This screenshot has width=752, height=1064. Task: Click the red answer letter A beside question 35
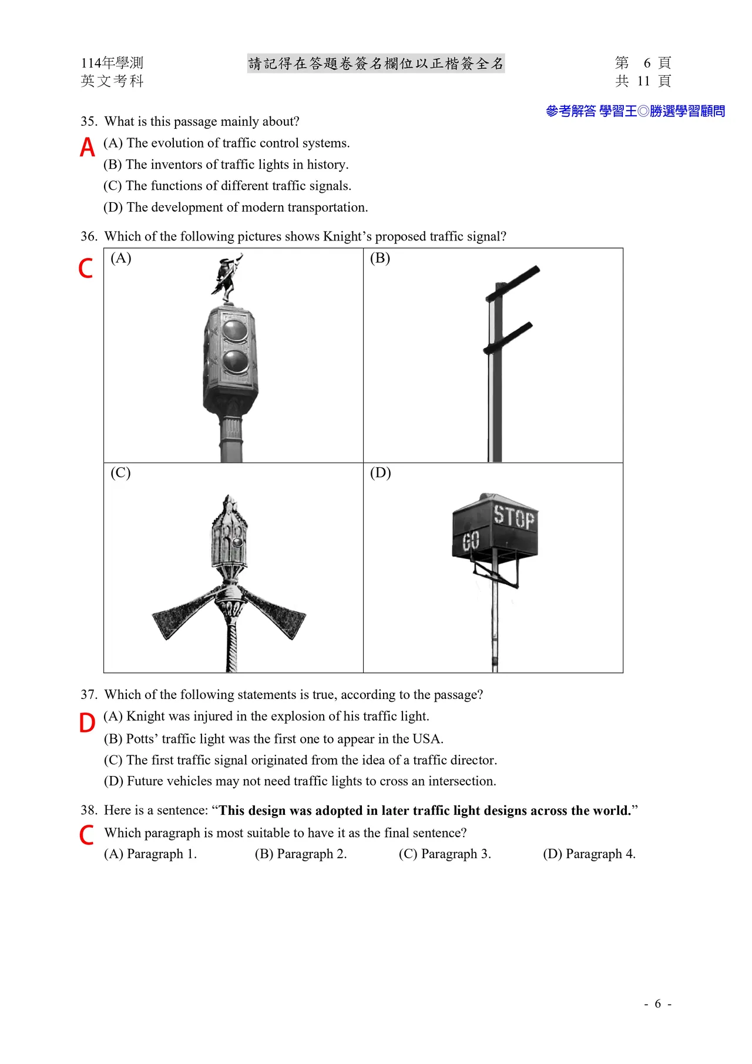pyautogui.click(x=87, y=147)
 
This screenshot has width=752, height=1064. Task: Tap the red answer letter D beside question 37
pyautogui.click(x=87, y=722)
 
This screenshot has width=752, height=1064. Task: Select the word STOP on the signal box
pyautogui.click(x=513, y=517)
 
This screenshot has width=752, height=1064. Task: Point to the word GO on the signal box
pyautogui.click(x=471, y=541)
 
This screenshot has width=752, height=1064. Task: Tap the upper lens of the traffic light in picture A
pyautogui.click(x=235, y=330)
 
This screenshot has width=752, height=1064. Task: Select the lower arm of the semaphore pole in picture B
pyautogui.click(x=509, y=338)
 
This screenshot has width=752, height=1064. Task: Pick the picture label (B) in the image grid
pyautogui.click(x=380, y=258)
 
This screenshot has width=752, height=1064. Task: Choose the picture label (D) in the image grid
pyautogui.click(x=380, y=473)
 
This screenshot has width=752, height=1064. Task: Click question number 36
pyautogui.click(x=89, y=236)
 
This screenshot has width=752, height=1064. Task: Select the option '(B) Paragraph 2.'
pyautogui.click(x=301, y=854)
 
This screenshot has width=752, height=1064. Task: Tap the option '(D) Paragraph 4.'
pyautogui.click(x=589, y=854)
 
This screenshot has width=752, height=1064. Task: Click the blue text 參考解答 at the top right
pyautogui.click(x=570, y=111)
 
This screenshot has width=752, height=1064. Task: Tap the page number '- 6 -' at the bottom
pyautogui.click(x=657, y=1004)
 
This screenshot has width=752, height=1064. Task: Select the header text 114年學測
pyautogui.click(x=112, y=63)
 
